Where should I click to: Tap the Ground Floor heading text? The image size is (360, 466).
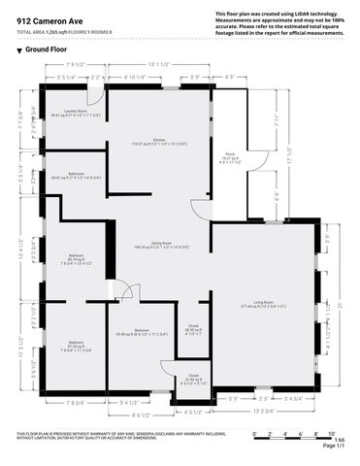(x=46, y=49)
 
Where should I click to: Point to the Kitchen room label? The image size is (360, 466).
(x=158, y=141)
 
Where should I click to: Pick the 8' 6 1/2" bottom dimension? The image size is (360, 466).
(x=142, y=414)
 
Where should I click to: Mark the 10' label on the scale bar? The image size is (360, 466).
(x=331, y=432)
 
